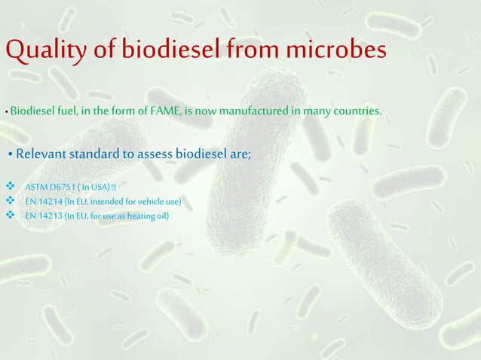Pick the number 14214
tap(49, 201)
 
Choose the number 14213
tap(49, 216)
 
